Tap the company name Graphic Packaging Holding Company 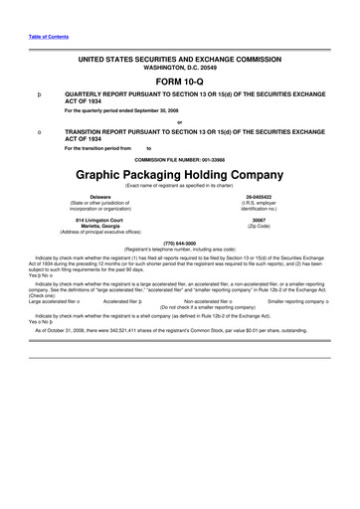click(179, 174)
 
